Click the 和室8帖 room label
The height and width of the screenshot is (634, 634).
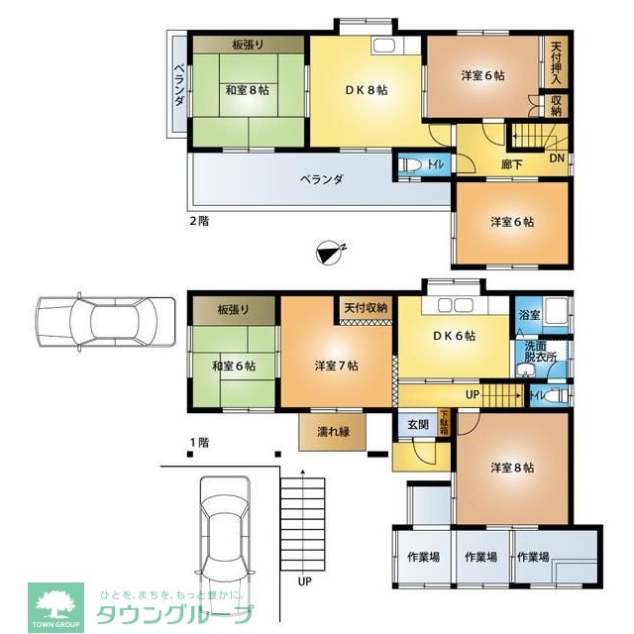click(x=248, y=88)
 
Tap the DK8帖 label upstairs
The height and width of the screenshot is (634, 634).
click(x=366, y=89)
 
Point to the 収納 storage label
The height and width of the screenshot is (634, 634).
click(x=557, y=104)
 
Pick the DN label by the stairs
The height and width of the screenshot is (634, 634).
click(x=557, y=158)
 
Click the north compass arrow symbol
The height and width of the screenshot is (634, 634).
click(x=330, y=255)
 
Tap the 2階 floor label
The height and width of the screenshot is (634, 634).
click(x=199, y=221)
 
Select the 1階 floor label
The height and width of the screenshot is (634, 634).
click(x=199, y=442)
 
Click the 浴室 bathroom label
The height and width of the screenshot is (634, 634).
click(x=529, y=315)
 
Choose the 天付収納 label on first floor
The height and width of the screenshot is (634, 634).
click(x=366, y=308)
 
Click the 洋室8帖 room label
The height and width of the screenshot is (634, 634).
click(x=512, y=467)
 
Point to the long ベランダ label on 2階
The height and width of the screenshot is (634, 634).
click(x=322, y=179)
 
